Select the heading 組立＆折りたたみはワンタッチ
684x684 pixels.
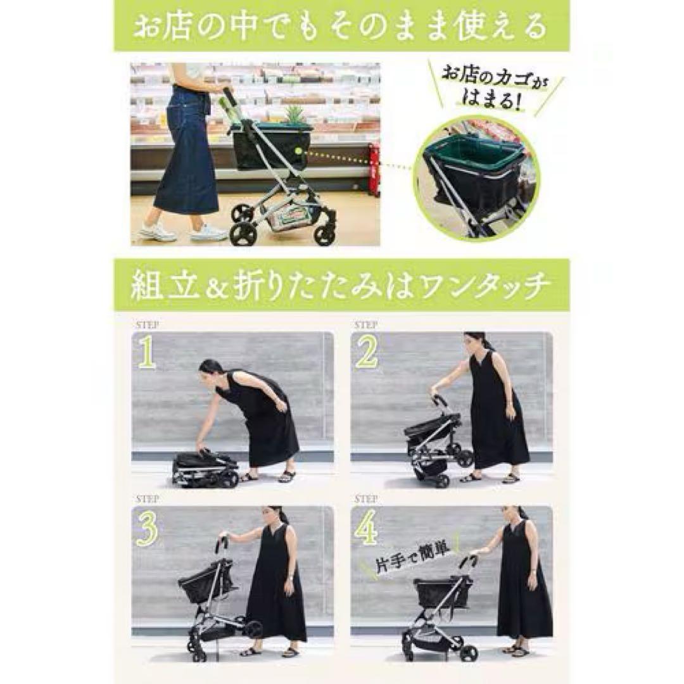coord(341,287)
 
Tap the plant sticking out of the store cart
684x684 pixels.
coord(294,115)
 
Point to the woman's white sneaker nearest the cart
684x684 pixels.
coord(208,233)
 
